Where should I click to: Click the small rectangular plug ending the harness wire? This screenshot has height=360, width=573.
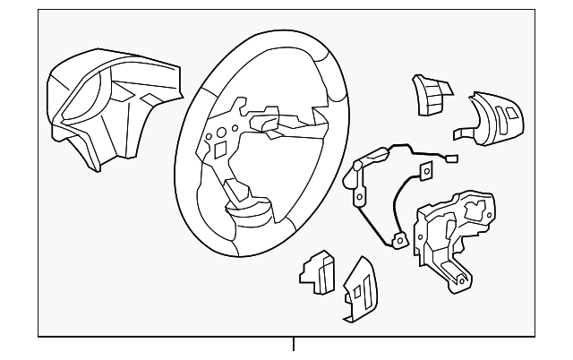pyautogui.click(x=451, y=159)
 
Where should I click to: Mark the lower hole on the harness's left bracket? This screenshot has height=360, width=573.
pyautogui.click(x=360, y=197)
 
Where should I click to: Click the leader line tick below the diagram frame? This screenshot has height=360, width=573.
pyautogui.click(x=293, y=344)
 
